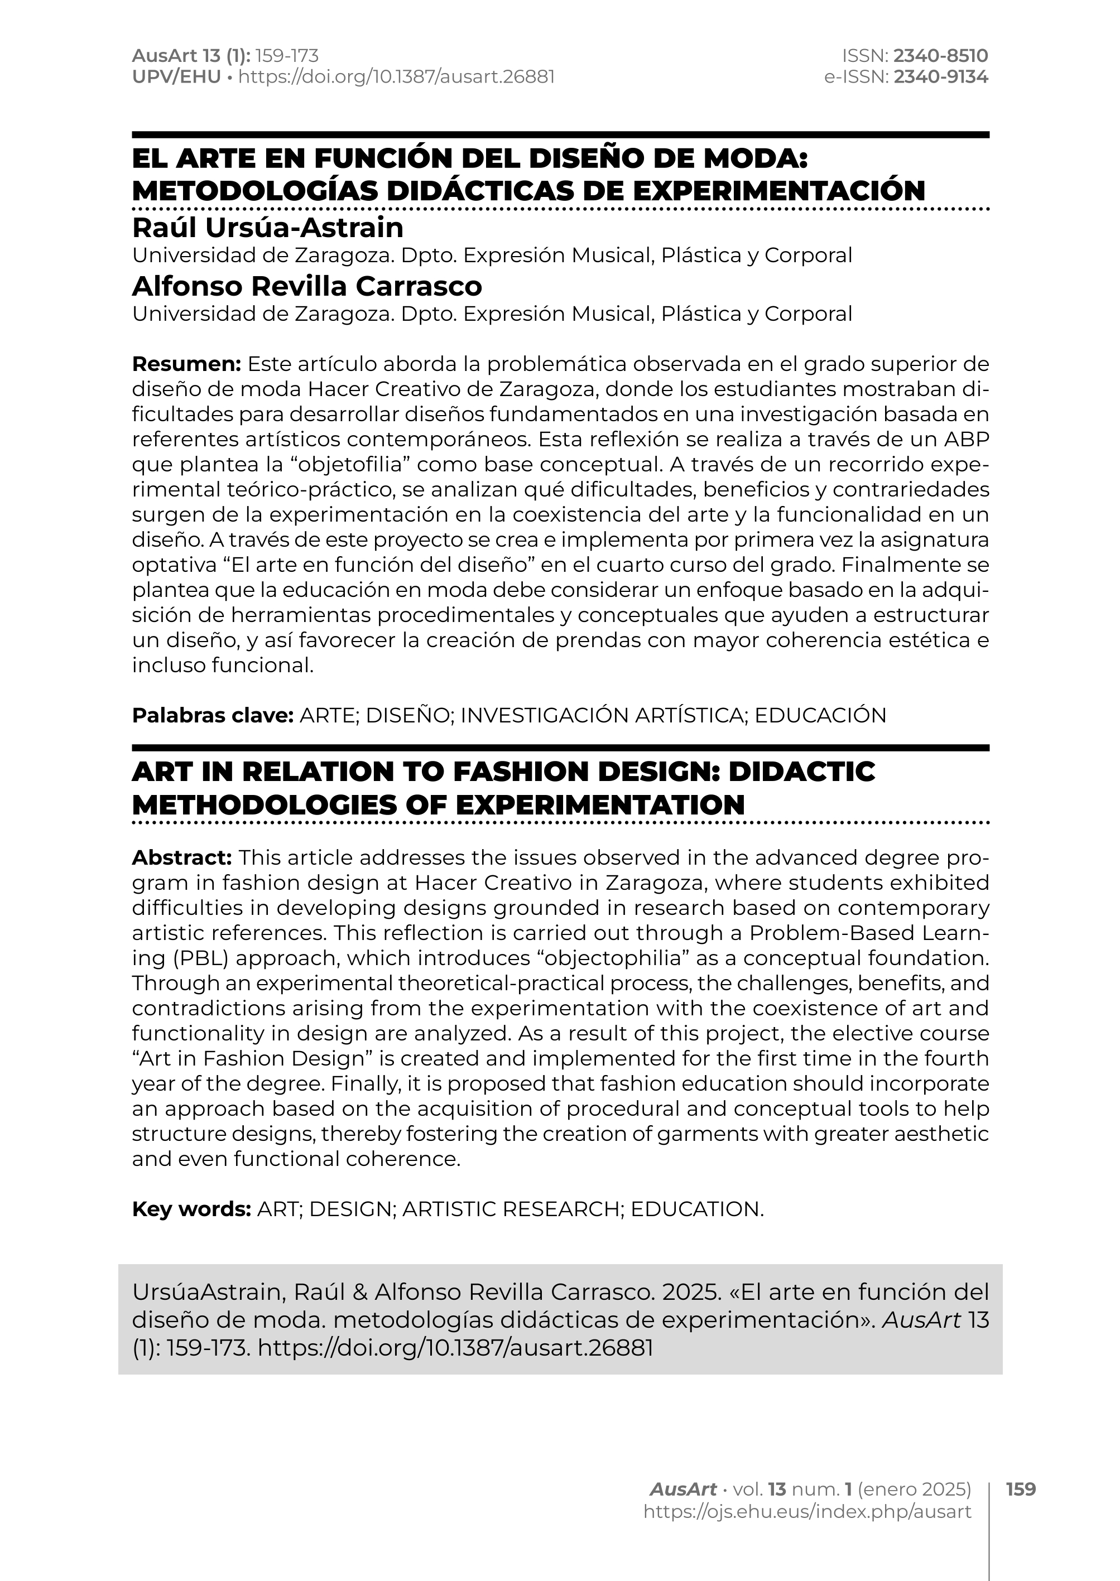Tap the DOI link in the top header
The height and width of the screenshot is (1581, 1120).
tap(396, 76)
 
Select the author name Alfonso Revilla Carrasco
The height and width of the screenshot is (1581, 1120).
tap(307, 286)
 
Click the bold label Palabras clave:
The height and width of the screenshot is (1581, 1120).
tap(213, 716)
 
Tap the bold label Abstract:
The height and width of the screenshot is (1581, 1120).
tap(182, 858)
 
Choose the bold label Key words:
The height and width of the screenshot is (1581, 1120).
tap(191, 1209)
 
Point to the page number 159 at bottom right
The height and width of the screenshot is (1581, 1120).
tap(1021, 1490)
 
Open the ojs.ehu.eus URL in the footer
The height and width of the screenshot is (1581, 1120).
tap(807, 1511)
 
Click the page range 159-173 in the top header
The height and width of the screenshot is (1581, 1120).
tap(287, 56)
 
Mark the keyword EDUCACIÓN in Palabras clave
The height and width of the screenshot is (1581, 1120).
tap(820, 716)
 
